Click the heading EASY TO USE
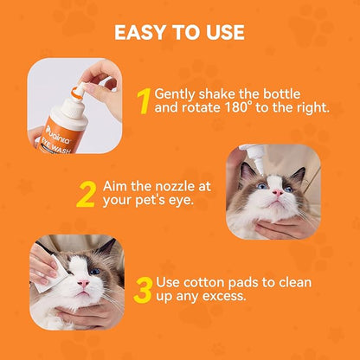point(179,33)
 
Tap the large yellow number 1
point(144,100)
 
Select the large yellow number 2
point(86,193)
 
